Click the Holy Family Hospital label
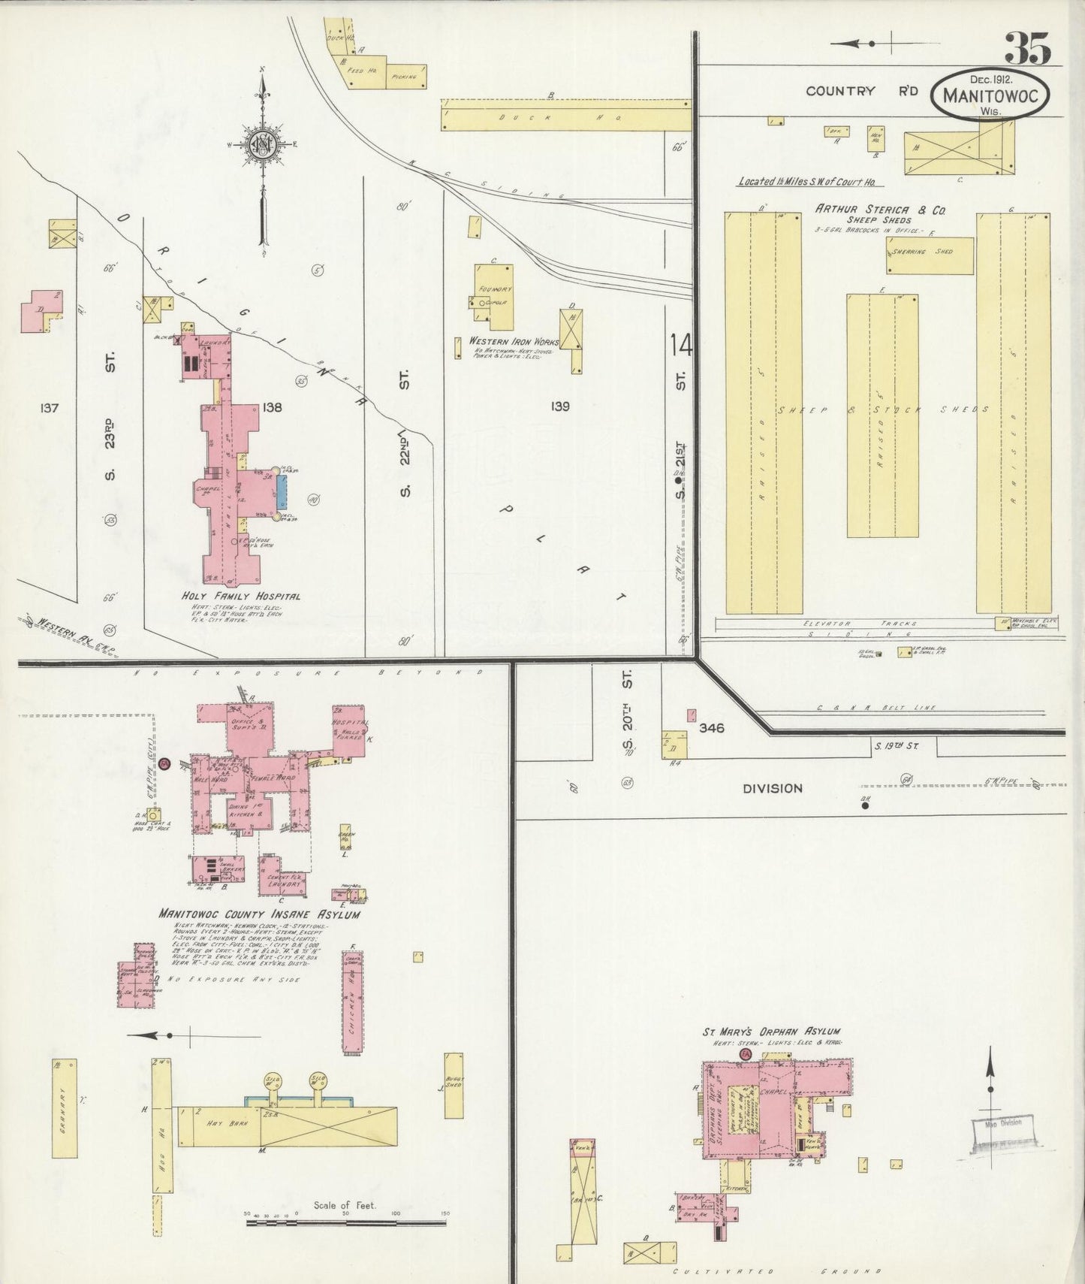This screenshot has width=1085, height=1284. tap(241, 596)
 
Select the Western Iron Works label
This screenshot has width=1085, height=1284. tap(514, 341)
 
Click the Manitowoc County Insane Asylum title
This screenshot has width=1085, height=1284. tap(258, 914)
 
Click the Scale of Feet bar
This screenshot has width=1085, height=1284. tap(345, 1222)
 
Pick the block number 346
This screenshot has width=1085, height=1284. tap(710, 727)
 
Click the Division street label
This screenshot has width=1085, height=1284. tap(773, 788)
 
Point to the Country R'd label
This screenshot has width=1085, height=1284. tap(862, 91)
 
